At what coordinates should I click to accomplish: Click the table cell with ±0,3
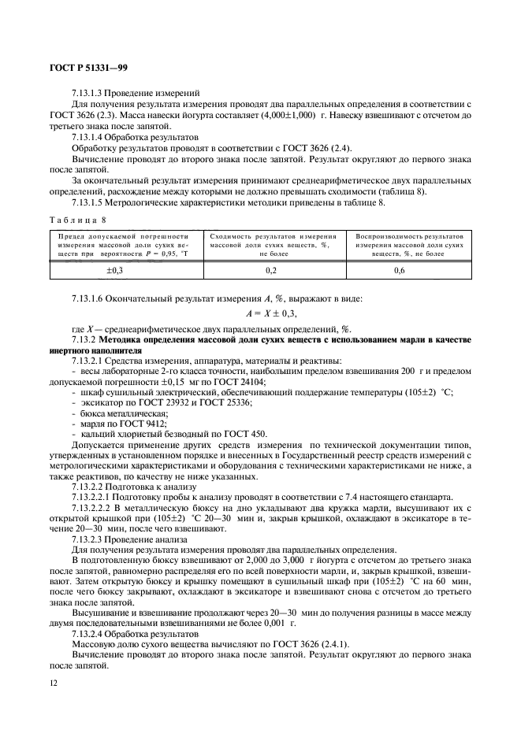(125, 270)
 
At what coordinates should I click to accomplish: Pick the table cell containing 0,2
(271, 270)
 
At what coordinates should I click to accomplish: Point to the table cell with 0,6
(409, 270)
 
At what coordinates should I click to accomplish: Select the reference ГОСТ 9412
(145, 422)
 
